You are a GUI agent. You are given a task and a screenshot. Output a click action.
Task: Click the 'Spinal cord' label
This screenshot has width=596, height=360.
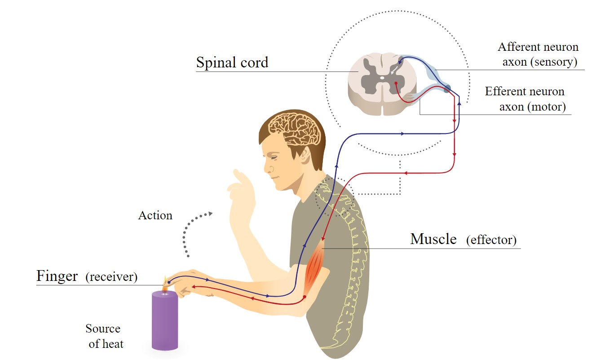232,62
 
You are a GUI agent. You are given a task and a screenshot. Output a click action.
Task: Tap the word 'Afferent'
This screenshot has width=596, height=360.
517,47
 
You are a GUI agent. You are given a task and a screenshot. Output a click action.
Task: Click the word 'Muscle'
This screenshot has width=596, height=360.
433,239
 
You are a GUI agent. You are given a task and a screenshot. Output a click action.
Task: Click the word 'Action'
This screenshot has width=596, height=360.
155,215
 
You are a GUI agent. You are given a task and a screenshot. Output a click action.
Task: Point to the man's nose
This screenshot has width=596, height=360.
266,169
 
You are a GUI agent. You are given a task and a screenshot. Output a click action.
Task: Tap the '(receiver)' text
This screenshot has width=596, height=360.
111,276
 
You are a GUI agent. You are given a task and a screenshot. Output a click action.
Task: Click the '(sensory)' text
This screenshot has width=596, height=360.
552,62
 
